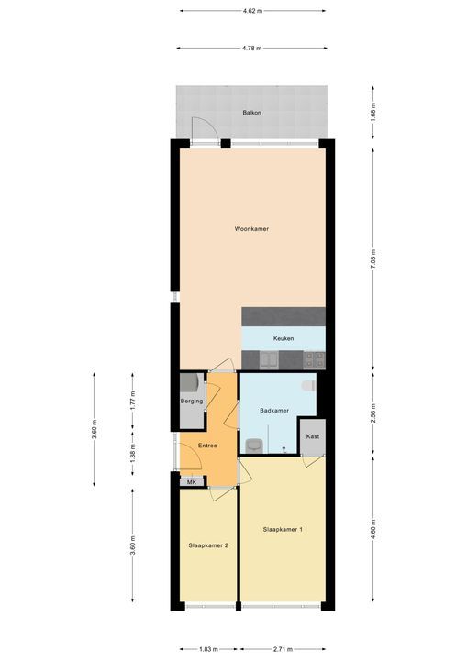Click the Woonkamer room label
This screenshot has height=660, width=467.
(251, 229)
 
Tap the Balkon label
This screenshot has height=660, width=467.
(251, 113)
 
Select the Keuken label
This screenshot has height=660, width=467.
(284, 338)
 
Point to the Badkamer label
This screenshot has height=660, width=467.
(274, 411)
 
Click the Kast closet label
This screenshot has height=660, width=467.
(313, 436)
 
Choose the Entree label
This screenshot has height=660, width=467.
(207, 445)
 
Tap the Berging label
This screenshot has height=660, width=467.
(192, 401)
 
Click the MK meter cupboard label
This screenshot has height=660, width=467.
(192, 482)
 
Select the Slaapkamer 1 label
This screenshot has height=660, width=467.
(283, 530)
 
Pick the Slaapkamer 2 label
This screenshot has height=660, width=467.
(208, 545)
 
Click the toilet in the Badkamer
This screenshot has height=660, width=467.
(309, 385)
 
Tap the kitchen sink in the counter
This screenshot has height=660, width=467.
(269, 360)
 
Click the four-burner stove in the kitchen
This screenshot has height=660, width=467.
(315, 360)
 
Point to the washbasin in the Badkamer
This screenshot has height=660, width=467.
(254, 445)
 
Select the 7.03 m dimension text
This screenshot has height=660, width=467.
(372, 259)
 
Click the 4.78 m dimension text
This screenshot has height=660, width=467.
(251, 49)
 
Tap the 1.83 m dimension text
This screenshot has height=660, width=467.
(208, 649)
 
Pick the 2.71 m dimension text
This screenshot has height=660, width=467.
(283, 649)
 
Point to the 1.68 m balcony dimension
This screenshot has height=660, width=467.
(372, 113)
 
